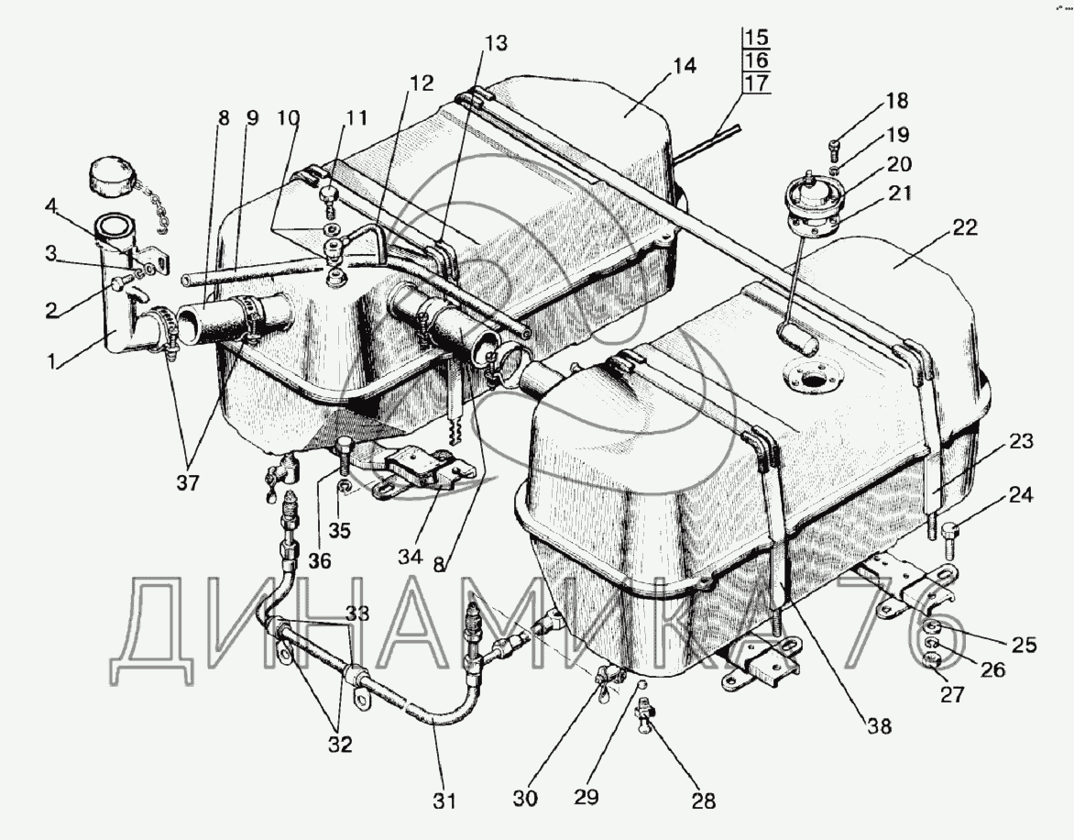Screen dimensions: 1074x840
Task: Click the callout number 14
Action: click(683, 66)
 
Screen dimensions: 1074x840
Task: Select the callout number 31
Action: click(444, 800)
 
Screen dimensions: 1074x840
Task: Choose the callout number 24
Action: click(1021, 498)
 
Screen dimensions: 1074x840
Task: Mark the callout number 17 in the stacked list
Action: click(756, 83)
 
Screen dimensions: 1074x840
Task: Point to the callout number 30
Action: click(526, 800)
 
